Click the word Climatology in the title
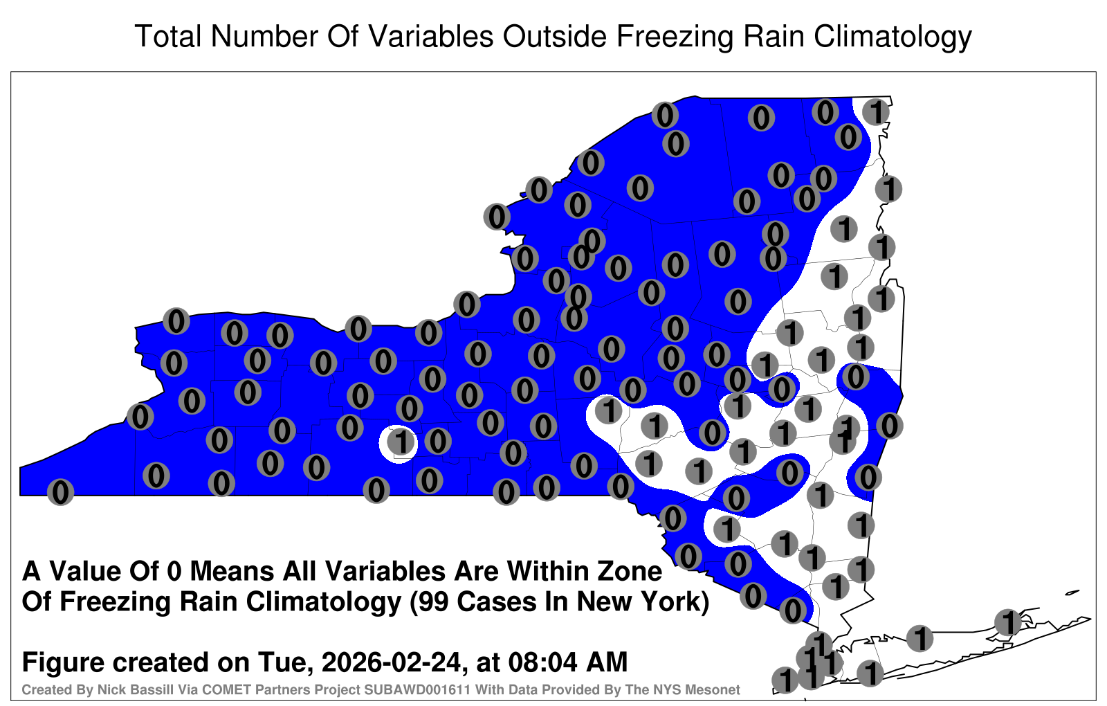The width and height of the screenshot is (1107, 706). pos(893,37)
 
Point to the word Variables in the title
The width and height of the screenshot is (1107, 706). pos(430,37)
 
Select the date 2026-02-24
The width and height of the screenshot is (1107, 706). pos(392,662)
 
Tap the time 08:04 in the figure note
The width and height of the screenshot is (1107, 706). pos(543,662)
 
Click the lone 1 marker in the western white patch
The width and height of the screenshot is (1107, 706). pos(401,442)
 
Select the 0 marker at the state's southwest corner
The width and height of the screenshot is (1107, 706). pos(60,492)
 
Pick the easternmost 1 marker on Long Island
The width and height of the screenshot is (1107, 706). pos(1007,622)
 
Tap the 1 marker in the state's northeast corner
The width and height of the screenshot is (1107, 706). pos(876,112)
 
